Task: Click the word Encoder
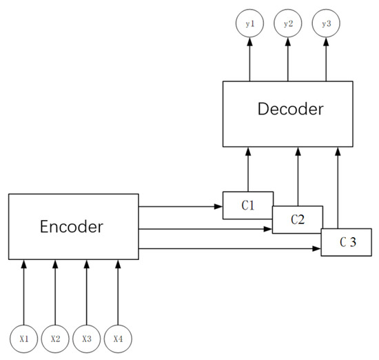pyautogui.click(x=72, y=227)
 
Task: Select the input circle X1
pyautogui.click(x=24, y=339)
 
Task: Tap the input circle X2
pyautogui.click(x=55, y=339)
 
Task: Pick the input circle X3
pyautogui.click(x=86, y=339)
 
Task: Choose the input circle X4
pyautogui.click(x=117, y=339)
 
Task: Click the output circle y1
pyautogui.click(x=249, y=24)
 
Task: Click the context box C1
pyautogui.click(x=248, y=206)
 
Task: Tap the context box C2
pyautogui.click(x=297, y=220)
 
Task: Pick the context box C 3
pyautogui.click(x=348, y=242)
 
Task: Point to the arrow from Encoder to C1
pyautogui.click(x=181, y=206)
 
